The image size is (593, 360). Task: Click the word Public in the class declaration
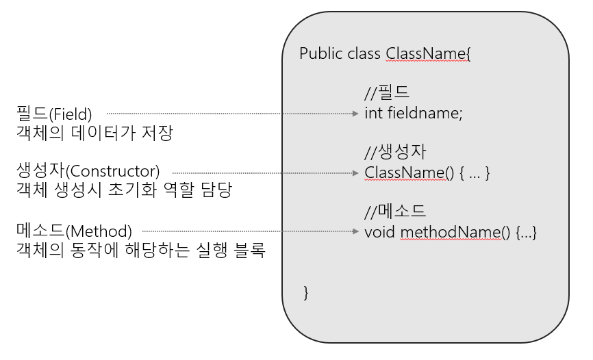point(320,54)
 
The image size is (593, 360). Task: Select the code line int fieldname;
point(414,114)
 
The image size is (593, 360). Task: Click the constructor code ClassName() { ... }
point(427,172)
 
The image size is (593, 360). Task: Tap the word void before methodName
point(379,232)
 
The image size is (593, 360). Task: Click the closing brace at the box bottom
point(306,293)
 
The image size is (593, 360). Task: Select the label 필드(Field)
point(54,113)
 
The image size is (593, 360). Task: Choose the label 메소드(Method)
point(75,231)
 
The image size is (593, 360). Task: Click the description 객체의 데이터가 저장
point(93,132)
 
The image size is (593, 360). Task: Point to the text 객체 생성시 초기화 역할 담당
point(124,190)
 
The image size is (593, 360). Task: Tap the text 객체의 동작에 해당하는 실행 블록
point(140,250)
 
